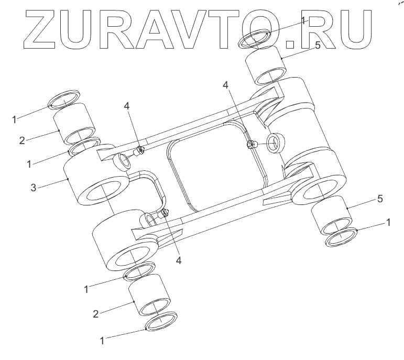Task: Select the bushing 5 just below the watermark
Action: click(x=267, y=66)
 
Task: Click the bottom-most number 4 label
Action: click(x=179, y=260)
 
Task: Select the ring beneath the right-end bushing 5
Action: click(x=342, y=238)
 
